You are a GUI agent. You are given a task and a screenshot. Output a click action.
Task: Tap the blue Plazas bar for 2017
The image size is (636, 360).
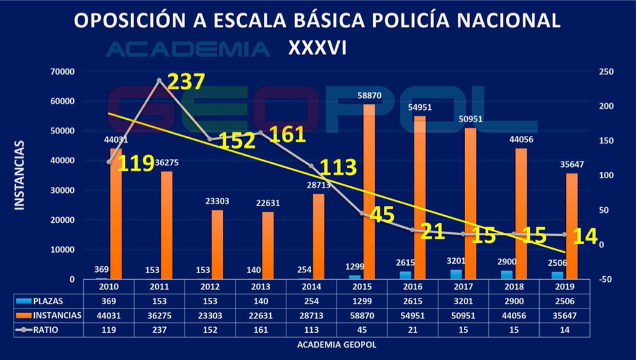(x=455, y=274)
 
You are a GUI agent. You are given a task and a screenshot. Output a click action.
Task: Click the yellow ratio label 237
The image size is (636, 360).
(x=186, y=81)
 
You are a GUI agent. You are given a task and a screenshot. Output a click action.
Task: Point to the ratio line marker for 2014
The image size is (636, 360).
(x=311, y=166)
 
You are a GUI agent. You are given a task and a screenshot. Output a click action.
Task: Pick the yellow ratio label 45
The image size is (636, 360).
(x=382, y=215)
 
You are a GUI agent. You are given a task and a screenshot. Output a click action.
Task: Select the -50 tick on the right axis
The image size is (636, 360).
(x=606, y=279)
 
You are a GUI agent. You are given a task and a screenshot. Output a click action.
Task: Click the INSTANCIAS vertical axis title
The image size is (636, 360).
(x=19, y=175)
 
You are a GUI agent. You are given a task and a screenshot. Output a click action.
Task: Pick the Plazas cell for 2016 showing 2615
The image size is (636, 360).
(x=411, y=301)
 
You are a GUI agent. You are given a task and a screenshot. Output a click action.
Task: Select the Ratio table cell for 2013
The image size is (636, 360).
(x=260, y=330)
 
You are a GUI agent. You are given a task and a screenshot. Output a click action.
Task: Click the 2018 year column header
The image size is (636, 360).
(x=513, y=287)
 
